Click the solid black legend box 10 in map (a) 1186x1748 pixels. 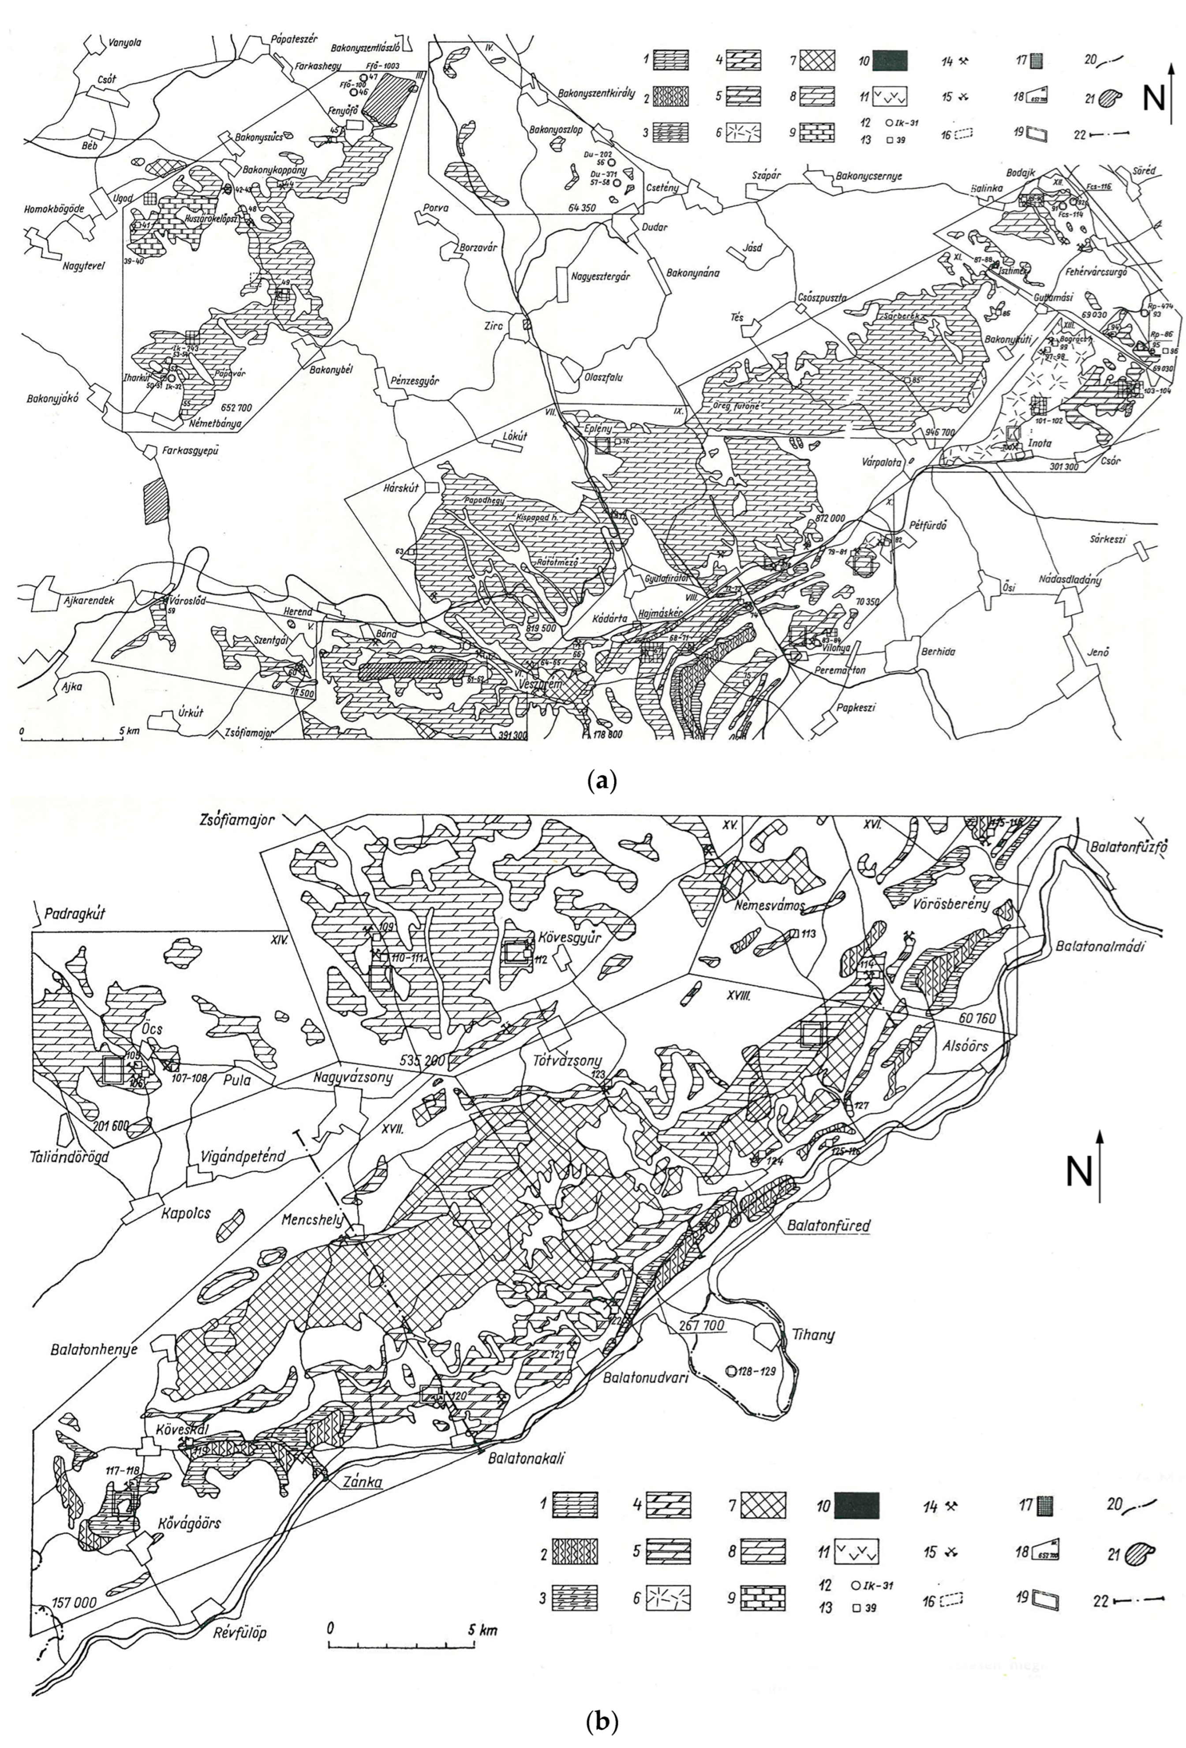pyautogui.click(x=890, y=60)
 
